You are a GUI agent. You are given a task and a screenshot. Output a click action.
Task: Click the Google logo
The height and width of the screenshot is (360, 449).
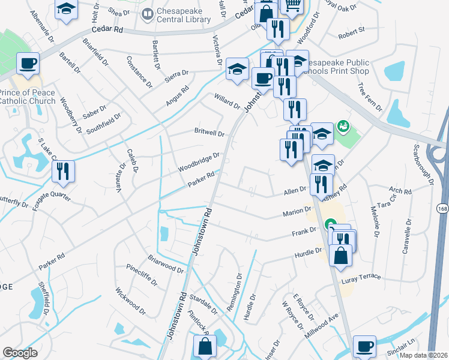[x=20, y=353]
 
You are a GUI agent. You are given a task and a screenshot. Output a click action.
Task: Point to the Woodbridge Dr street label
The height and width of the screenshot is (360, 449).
[x=199, y=162]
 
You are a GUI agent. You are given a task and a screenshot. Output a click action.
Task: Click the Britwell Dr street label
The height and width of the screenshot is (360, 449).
[x=209, y=133]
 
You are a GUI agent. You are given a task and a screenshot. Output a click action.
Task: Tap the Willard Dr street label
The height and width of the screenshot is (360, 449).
[x=228, y=101]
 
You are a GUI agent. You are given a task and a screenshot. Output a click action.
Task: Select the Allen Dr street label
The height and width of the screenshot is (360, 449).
[x=295, y=191]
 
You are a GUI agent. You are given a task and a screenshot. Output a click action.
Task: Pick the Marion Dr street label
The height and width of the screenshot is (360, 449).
[x=297, y=212]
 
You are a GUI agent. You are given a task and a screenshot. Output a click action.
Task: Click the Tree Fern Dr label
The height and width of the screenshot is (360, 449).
[x=370, y=97]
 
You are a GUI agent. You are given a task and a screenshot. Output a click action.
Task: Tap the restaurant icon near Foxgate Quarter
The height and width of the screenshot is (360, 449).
[x=63, y=172]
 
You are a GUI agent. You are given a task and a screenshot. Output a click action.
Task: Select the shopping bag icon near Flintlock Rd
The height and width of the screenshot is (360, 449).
[x=205, y=346]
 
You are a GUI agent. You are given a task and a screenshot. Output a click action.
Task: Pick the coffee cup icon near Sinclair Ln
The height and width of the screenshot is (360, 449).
[x=364, y=346]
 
